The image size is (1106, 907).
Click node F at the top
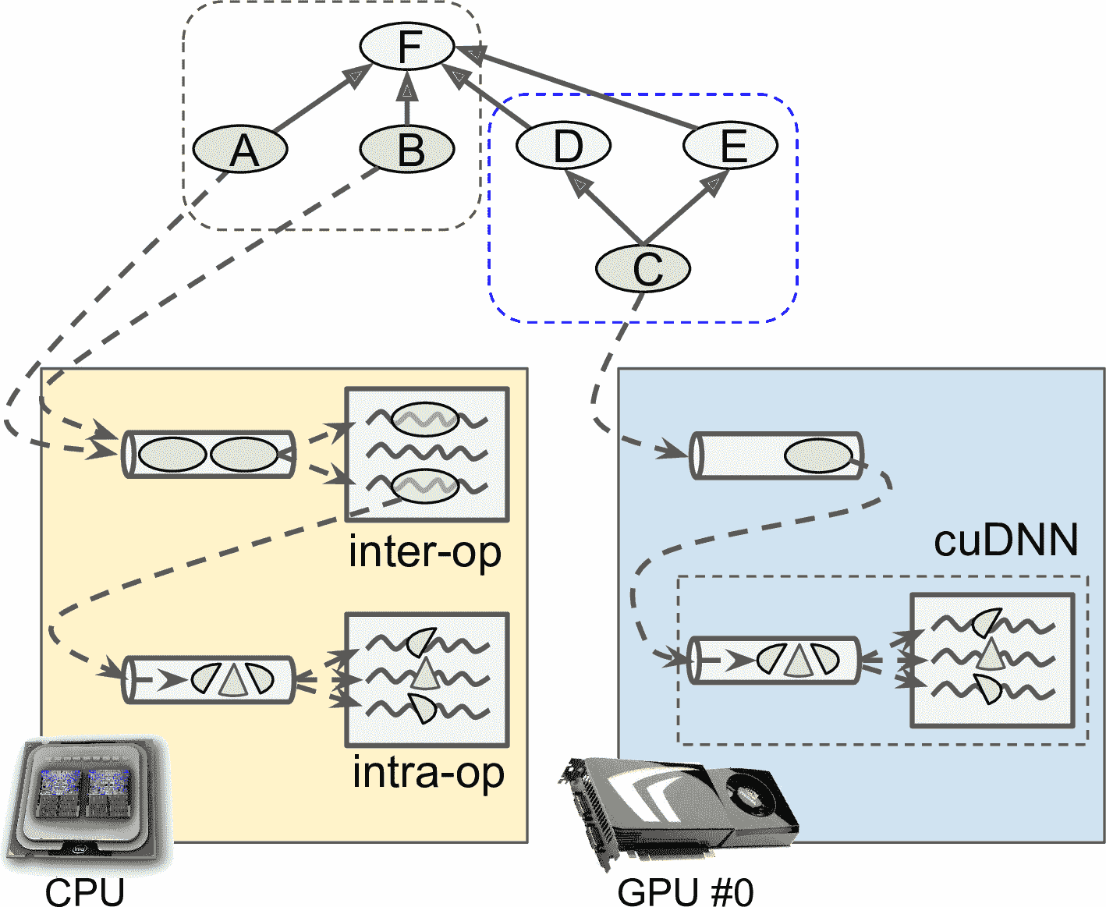click(406, 47)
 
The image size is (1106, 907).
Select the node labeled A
click(240, 148)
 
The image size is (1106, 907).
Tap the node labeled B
click(407, 148)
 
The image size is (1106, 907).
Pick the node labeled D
click(563, 145)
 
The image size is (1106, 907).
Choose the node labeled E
click(731, 145)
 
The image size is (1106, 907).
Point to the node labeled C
click(643, 269)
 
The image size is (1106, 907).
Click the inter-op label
click(424, 552)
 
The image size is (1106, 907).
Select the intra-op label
click(428, 773)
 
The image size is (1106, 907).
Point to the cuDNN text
click(1005, 540)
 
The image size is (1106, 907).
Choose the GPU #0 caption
click(685, 891)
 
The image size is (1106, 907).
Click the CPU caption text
click(84, 891)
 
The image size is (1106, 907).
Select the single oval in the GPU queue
click(817, 456)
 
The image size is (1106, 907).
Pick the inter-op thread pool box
click(427, 454)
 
